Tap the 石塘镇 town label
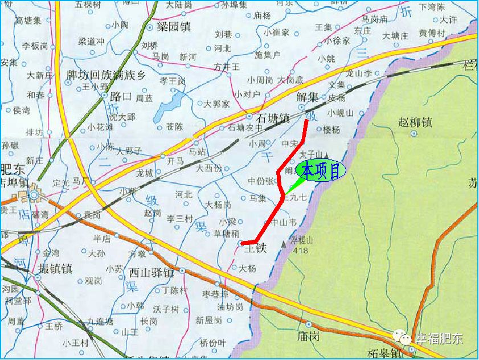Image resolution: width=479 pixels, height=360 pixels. point(273,118)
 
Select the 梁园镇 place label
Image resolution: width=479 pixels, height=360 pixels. point(173,26)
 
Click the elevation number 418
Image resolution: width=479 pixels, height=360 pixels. point(300,249)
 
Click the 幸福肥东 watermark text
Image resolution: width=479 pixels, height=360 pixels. point(439,338)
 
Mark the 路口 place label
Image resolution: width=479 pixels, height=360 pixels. point(121,95)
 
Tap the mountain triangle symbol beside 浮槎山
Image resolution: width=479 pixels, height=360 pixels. point(284,244)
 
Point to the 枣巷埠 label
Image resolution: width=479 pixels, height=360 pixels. point(215,294)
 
